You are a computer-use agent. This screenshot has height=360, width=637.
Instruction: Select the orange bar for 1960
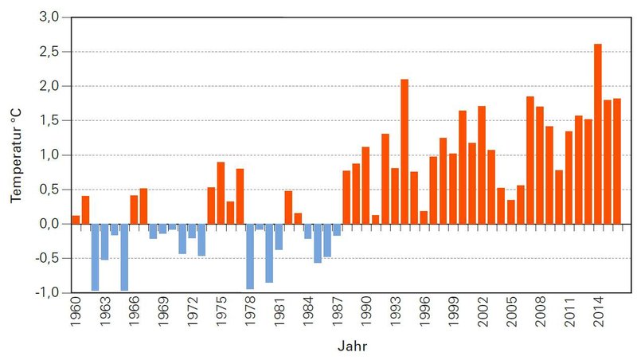pyautogui.click(x=76, y=220)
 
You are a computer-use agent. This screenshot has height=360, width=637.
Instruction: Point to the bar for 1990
pyautogui.click(x=365, y=186)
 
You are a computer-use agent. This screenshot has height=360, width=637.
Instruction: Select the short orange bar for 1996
pyautogui.click(x=424, y=217)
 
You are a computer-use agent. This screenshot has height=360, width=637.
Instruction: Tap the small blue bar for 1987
pyautogui.click(x=337, y=229)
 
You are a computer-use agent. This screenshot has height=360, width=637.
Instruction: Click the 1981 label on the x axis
pyautogui.click(x=279, y=315)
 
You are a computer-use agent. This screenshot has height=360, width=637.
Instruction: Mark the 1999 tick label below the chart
pyautogui.click(x=454, y=315)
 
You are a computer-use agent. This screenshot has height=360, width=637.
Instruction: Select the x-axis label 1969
pyautogui.click(x=163, y=315)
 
